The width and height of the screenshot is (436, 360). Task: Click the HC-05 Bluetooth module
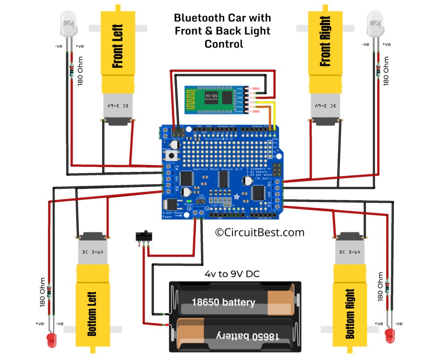click(212, 99)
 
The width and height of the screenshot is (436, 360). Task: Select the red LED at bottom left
click(51, 339)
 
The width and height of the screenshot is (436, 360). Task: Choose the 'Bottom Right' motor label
click(350, 313)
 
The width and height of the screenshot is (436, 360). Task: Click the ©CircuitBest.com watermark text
click(260, 232)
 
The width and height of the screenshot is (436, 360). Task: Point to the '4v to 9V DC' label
click(232, 274)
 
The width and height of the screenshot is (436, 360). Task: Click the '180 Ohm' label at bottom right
click(381, 287)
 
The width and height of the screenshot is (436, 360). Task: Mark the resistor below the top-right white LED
click(379, 70)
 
